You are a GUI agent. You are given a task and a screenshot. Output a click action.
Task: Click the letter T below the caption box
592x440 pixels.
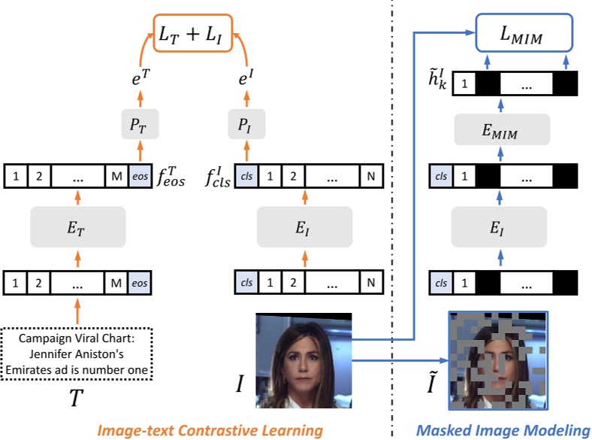pyautogui.click(x=76, y=399)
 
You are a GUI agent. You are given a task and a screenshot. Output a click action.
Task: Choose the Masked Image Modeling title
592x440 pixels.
pyautogui.click(x=503, y=429)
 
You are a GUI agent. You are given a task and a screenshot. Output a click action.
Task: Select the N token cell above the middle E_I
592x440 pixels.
pyautogui.click(x=369, y=176)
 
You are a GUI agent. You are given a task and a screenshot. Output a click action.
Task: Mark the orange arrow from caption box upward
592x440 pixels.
pyautogui.click(x=77, y=308)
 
